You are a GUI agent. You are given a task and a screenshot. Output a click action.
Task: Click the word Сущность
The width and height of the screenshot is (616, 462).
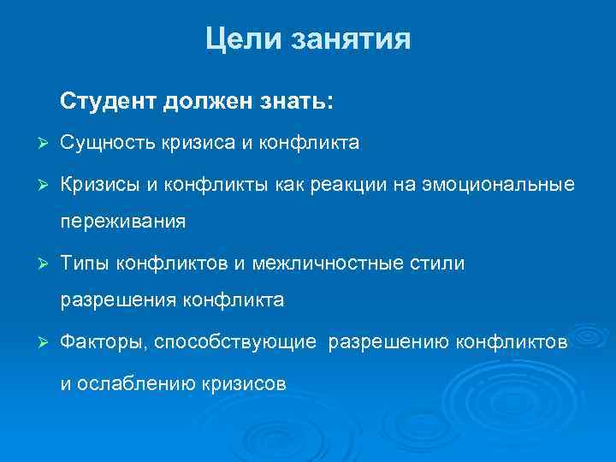pos(107,142)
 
